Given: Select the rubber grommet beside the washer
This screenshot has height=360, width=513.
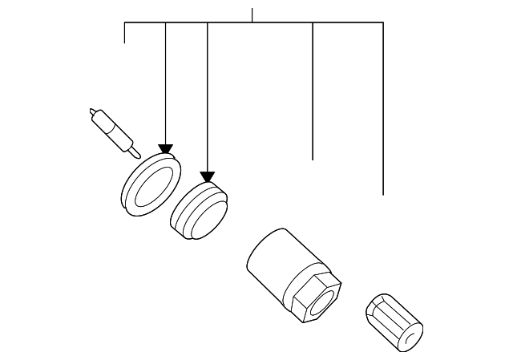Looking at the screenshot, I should pos(200,212).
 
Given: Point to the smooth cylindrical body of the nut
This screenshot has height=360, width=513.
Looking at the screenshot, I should pos(273,261).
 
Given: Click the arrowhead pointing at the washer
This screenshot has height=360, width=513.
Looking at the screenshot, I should pos(165,150).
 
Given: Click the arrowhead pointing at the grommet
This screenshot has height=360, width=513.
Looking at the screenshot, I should pos(208,177).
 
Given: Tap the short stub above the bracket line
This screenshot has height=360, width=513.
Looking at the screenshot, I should pos(252,14).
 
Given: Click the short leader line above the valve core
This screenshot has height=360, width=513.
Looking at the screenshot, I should pos(125,33).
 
